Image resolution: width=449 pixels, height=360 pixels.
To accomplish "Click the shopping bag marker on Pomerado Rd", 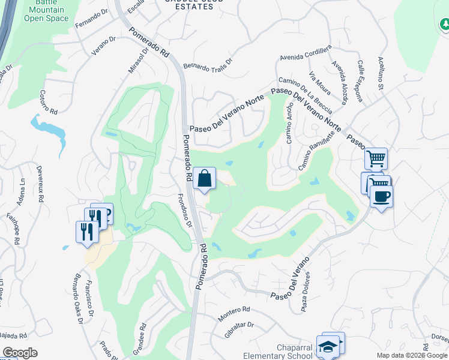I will [205, 178].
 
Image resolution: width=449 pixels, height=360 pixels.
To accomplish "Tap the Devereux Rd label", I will [40, 181].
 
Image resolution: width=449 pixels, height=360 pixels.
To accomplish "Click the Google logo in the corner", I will [20, 353].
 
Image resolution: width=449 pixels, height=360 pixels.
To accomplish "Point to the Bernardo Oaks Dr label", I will [76, 299].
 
